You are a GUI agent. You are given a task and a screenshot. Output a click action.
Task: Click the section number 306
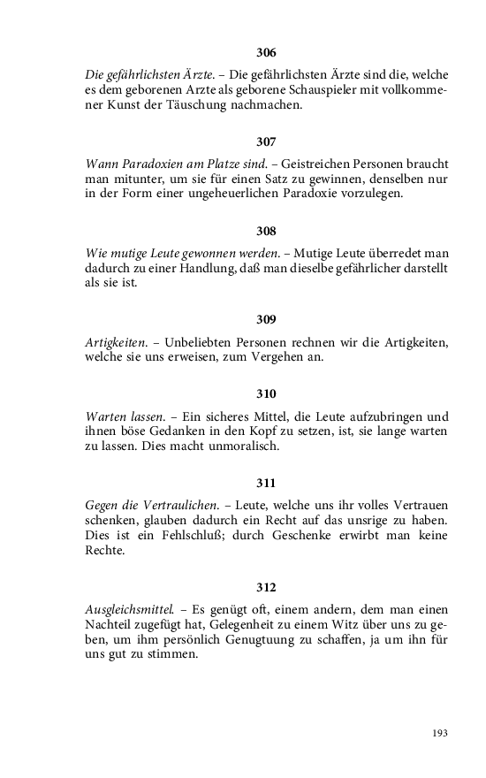pos(266,52)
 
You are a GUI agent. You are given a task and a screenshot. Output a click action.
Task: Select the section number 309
pos(266,319)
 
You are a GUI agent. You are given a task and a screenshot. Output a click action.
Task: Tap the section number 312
pos(266,587)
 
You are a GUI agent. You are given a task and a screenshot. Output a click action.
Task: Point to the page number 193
pos(440,733)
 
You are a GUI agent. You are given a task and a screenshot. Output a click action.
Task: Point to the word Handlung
pos(195,269)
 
